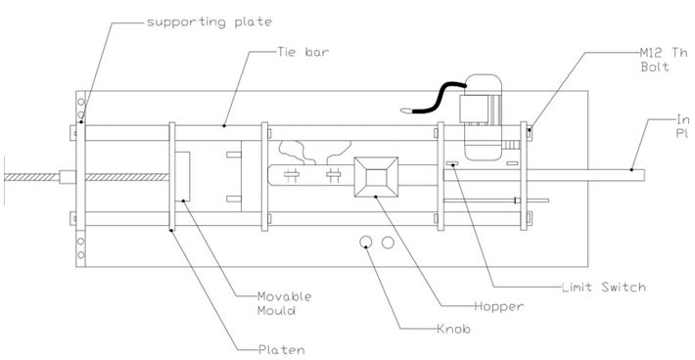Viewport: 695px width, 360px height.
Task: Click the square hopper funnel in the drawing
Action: [x=377, y=179]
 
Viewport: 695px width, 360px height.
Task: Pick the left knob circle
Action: [x=366, y=241]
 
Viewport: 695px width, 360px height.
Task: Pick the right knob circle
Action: [x=388, y=241]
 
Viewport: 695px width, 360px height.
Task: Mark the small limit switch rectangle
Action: [x=452, y=164]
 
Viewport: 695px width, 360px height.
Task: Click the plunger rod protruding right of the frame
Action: [x=587, y=173]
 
